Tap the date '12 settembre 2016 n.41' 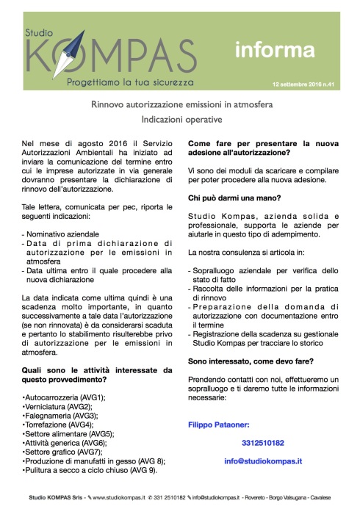(x=301, y=84)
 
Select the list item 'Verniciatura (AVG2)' (x=58, y=406)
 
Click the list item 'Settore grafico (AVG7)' (x=63, y=452)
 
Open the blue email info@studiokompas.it (x=264, y=461)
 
